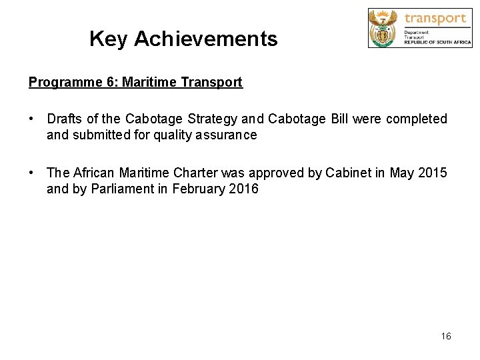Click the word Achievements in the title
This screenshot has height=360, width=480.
point(205,39)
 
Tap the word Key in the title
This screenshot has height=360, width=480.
point(108,39)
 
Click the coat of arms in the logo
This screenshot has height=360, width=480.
point(383,27)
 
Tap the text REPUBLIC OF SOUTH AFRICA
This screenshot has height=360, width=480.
point(437,42)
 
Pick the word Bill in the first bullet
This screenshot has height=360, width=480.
point(337,119)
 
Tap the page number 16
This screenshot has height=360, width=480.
point(446,336)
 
